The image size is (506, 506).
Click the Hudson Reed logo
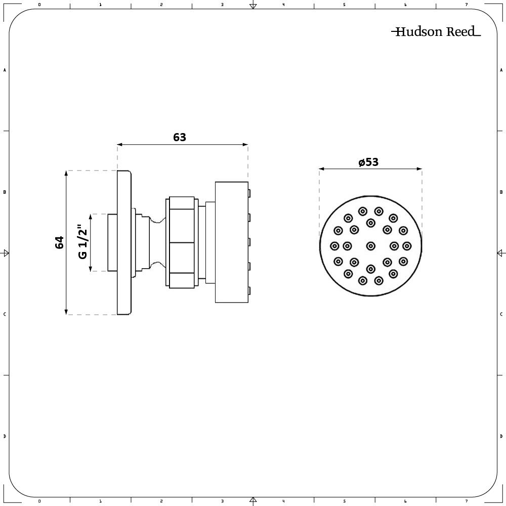(436, 31)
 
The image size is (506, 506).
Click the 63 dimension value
(180, 138)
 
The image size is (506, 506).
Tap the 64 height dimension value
(59, 242)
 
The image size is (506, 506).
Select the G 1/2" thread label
(82, 242)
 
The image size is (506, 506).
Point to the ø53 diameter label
(368, 162)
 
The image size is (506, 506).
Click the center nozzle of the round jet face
(371, 246)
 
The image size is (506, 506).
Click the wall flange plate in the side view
(124, 242)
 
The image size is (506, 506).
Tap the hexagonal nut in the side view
(180, 242)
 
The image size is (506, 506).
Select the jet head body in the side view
(231, 242)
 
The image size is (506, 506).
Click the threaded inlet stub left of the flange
(112, 242)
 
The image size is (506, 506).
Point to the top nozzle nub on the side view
(249, 193)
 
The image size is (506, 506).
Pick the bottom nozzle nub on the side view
(249, 291)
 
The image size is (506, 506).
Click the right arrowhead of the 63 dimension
(245, 145)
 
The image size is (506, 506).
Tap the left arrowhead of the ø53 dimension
(322, 169)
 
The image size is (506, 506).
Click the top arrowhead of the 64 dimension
(66, 173)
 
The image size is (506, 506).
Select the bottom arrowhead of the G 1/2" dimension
(91, 269)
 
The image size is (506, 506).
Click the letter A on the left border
(5, 70)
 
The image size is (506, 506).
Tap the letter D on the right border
(501, 436)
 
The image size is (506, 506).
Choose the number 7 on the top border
(467, 5)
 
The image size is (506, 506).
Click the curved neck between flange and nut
(158, 242)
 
